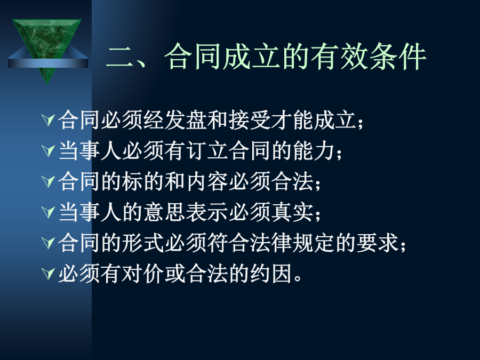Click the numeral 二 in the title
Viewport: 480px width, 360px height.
[x=119, y=57]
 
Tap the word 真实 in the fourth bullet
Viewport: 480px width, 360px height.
[x=292, y=212]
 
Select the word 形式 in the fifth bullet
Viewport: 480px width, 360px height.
[x=143, y=243]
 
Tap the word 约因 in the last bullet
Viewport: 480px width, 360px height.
[x=271, y=274]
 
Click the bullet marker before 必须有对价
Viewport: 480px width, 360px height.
[x=48, y=274]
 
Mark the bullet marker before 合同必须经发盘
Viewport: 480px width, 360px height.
[x=48, y=119]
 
